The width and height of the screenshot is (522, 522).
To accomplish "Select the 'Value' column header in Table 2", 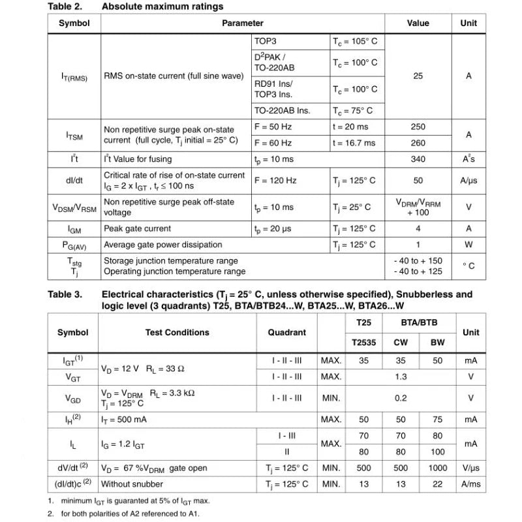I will tap(418, 23).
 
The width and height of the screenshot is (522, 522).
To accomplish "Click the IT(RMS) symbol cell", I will tap(74, 76).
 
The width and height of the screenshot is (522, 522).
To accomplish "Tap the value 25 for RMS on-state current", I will tap(418, 76).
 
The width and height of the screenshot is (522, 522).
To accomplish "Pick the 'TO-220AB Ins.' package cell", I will tap(282, 111).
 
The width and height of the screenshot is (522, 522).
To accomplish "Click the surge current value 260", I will tap(418, 143).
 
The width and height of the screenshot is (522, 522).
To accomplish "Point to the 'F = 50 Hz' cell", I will tap(273, 127).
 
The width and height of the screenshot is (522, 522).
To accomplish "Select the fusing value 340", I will tap(418, 159).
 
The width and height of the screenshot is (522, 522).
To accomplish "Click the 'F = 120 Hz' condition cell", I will tap(275, 181).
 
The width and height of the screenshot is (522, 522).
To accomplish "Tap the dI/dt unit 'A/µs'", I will tap(468, 181).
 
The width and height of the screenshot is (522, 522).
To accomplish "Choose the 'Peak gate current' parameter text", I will tap(138, 229).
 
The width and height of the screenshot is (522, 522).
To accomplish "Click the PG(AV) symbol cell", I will tap(74, 245).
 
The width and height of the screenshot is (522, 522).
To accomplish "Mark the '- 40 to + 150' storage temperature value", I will tap(418, 261).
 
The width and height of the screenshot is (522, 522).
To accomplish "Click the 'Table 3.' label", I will tap(65, 295).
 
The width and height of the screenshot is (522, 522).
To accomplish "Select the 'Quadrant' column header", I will tap(287, 333).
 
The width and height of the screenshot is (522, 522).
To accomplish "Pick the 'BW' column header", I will tap(438, 343).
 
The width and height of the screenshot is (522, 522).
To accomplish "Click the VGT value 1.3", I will tap(401, 377).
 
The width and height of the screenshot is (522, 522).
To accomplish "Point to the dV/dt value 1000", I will tap(438, 468).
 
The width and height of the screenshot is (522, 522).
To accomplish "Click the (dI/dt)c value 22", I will tap(438, 484).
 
